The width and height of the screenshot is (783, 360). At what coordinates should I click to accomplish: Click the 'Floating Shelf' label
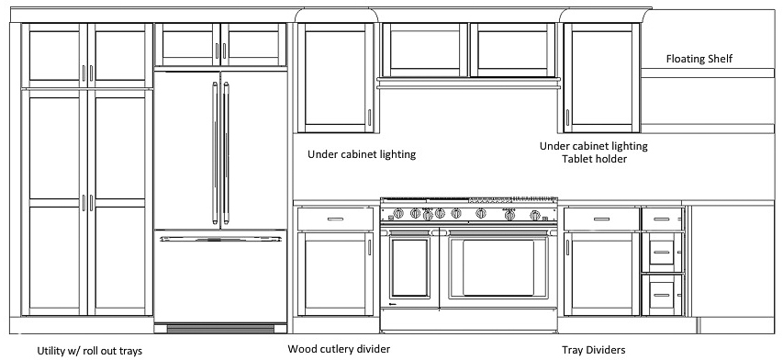(699, 59)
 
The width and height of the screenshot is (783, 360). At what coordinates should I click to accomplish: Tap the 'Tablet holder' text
(594, 159)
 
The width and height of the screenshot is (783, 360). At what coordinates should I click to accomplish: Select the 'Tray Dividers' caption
(593, 350)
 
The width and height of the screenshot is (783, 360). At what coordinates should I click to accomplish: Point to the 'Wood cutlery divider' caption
(339, 348)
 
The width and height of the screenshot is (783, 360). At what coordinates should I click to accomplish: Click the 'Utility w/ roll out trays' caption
(89, 351)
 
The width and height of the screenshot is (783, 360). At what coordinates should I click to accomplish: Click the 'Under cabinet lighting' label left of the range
(362, 154)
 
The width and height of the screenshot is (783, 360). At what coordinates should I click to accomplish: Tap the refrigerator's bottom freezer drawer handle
(220, 239)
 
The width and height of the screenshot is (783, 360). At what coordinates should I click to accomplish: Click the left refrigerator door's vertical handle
(215, 152)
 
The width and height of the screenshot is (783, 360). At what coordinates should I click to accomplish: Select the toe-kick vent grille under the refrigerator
(220, 329)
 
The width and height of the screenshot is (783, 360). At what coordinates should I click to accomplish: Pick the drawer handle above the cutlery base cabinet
(335, 219)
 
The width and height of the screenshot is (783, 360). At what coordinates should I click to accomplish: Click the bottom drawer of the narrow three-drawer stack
(662, 295)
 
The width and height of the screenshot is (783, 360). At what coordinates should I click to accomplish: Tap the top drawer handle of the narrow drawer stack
(662, 219)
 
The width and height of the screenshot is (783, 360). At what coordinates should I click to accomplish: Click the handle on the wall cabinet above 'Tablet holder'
(567, 118)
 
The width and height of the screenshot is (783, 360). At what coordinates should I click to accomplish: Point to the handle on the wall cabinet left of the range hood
(370, 118)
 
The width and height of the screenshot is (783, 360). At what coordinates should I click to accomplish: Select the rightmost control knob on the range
(535, 215)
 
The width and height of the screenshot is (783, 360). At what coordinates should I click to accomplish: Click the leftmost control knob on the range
(398, 214)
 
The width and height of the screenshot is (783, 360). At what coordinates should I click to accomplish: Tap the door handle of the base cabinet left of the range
(370, 247)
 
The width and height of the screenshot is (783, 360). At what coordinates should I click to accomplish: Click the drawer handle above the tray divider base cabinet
(601, 219)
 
